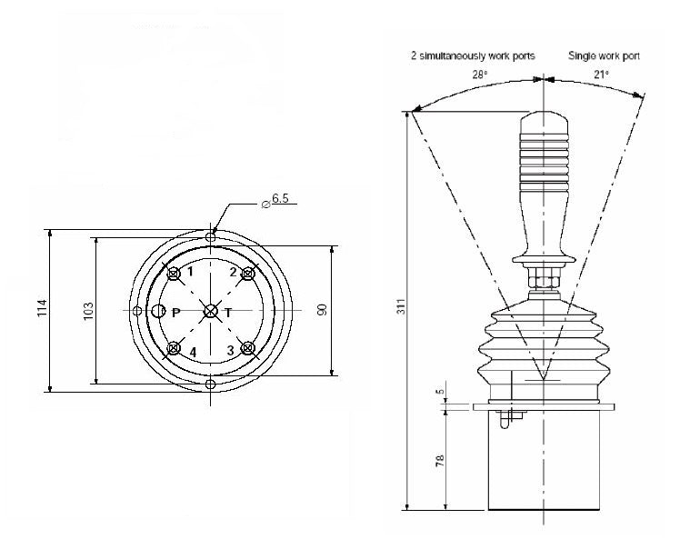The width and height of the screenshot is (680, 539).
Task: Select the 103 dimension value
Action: pos(88,311)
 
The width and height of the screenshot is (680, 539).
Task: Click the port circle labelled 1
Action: pos(173,273)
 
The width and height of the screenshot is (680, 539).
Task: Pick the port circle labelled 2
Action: pos(246,273)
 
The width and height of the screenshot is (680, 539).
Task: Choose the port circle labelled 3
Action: pos(246,348)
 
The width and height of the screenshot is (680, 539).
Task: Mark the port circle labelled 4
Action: pos(173,348)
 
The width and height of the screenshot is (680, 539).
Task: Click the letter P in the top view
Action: pos(176,312)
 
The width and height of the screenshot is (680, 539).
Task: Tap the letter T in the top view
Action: pos(228,312)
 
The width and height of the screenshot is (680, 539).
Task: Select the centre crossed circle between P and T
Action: pos(211,311)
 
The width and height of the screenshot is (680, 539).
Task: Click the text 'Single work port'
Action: pos(604,56)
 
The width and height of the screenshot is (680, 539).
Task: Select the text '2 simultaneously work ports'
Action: pos(473,56)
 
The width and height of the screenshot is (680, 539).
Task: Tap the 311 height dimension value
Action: pos(401,307)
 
